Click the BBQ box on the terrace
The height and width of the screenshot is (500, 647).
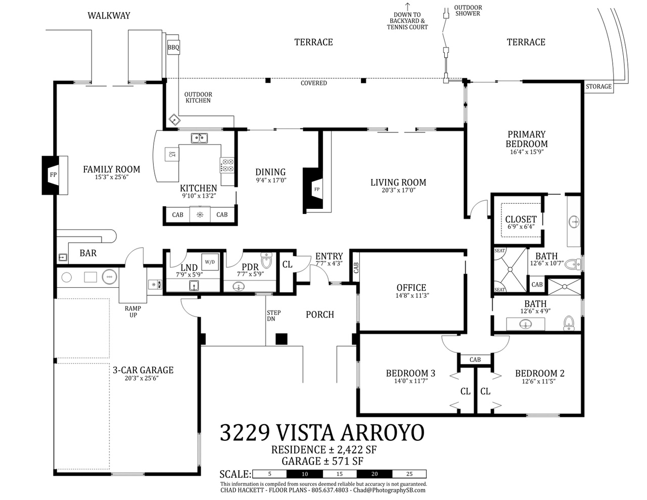(173, 48)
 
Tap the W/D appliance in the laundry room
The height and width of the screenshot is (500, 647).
(210, 262)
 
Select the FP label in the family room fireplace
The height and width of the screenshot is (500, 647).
(53, 175)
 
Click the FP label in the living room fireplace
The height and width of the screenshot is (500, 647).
(317, 189)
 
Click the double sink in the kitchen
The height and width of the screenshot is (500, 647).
(199, 138)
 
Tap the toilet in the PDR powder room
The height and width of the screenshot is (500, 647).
(266, 260)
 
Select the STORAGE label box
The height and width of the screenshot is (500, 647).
(598, 86)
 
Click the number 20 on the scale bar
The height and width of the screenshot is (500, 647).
(374, 474)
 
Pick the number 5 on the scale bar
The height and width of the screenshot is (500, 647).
(269, 474)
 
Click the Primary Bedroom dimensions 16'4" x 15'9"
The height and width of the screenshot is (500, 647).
(527, 152)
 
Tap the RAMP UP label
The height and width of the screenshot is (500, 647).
(133, 311)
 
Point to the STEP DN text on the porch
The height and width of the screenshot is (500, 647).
(273, 315)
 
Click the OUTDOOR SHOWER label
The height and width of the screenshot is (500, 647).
(468, 11)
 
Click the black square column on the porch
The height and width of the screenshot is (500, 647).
(282, 339)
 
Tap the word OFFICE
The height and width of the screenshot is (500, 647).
(411, 287)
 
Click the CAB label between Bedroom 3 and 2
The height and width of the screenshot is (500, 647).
(475, 360)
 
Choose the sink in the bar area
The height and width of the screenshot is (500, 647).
(63, 257)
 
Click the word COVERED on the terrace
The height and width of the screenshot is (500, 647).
(313, 83)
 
